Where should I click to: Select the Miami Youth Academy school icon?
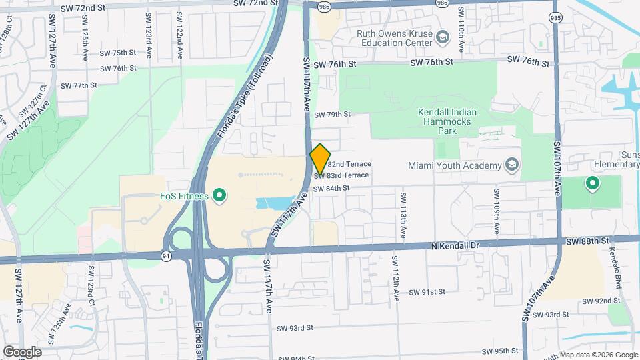point(512,165)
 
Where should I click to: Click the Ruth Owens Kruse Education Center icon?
point(442,35)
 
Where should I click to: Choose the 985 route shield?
point(555,17)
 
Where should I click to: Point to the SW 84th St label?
point(331,189)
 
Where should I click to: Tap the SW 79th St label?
point(333,115)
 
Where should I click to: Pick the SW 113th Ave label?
point(403,216)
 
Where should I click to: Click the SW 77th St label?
point(79,85)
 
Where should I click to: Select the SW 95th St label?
point(501,351)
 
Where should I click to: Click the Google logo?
point(22,351)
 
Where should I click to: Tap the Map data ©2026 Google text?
point(598,355)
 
